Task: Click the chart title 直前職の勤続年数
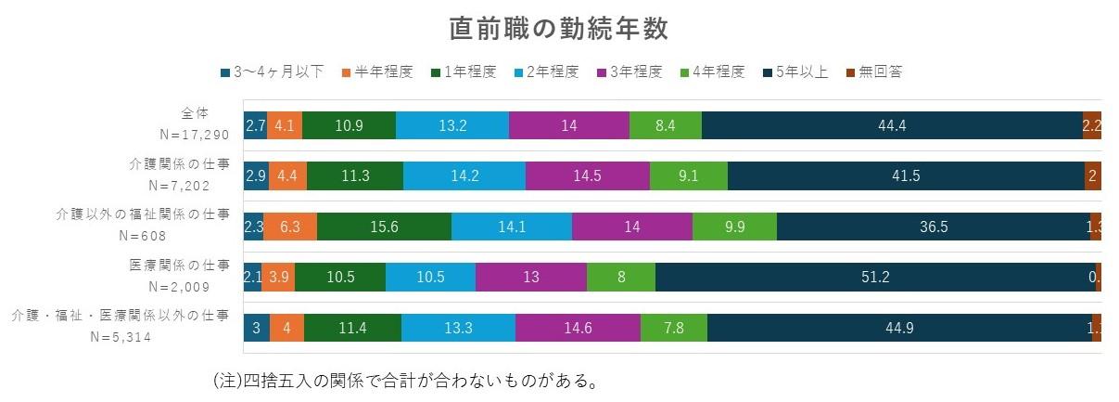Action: tap(558, 29)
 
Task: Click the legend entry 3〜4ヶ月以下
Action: tap(273, 72)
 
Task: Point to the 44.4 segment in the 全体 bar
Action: tap(891, 124)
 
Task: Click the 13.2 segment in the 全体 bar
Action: tap(451, 124)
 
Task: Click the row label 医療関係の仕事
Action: tap(179, 265)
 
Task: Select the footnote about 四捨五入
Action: tap(403, 382)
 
